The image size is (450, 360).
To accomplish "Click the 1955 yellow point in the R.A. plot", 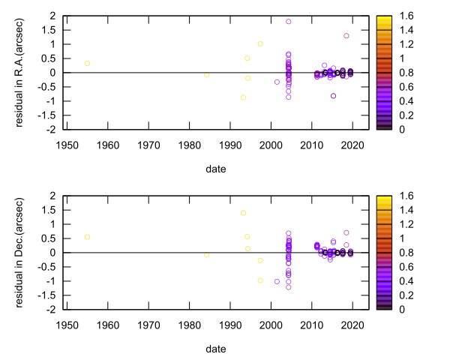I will (88, 64).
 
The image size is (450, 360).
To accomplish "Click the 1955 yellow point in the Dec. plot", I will (88, 237).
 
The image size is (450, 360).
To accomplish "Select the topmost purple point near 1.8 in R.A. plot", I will (289, 22).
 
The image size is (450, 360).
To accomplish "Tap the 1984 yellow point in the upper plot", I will (207, 75).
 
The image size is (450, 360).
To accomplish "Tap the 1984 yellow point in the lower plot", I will (207, 255).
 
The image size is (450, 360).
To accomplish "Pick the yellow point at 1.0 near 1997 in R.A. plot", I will (260, 43).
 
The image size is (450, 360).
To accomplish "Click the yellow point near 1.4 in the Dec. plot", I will (244, 213).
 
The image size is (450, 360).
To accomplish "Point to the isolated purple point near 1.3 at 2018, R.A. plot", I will (346, 36).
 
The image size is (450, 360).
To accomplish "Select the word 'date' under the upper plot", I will (216, 169).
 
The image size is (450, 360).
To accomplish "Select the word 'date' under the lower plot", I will (216, 349).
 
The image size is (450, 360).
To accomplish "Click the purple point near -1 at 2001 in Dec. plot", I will (277, 281).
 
